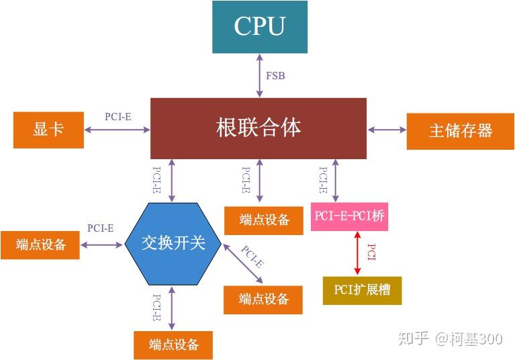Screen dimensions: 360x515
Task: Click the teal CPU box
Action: [x=260, y=27]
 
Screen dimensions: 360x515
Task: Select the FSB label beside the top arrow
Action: [x=275, y=76]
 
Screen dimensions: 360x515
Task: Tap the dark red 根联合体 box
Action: [x=259, y=128]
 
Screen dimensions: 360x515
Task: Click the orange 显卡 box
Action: [x=48, y=130]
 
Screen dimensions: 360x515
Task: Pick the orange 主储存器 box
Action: [x=460, y=130]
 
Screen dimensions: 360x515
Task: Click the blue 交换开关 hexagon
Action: [x=173, y=243]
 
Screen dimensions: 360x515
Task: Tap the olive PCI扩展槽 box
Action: [x=362, y=290]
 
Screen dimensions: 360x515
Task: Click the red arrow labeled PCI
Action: [x=357, y=253]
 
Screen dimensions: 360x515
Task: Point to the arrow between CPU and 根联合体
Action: [x=260, y=75]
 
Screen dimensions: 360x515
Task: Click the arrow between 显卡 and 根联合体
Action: [x=117, y=130]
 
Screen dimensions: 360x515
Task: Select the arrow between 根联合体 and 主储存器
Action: [x=387, y=130]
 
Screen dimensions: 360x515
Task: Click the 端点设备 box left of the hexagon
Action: [x=40, y=244]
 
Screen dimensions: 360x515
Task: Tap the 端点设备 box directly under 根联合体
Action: [x=263, y=220]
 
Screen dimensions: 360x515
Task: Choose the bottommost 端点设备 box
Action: [x=173, y=345]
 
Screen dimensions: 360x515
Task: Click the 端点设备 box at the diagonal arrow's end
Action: [x=263, y=300]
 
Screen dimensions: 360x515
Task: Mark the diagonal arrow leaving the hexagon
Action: [x=243, y=263]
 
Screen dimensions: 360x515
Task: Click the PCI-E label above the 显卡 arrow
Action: [x=118, y=116]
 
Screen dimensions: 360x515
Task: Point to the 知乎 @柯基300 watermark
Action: [x=450, y=339]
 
